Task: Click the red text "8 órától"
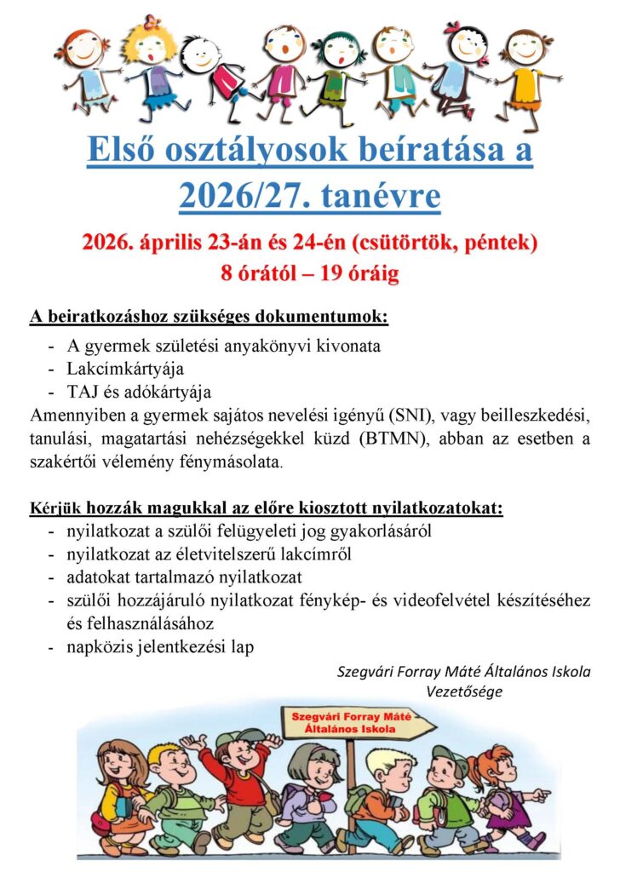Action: (254, 274)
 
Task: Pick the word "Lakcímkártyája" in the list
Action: (125, 369)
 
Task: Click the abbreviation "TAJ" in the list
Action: (83, 392)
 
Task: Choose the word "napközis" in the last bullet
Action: (98, 647)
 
